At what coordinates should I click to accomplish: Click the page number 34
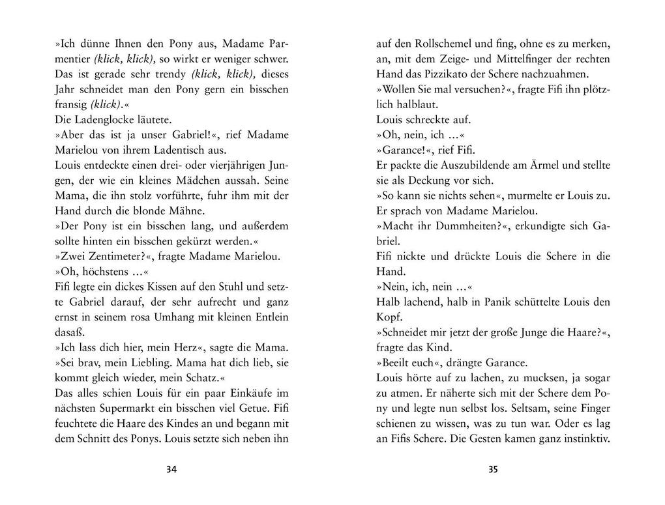[x=172, y=469]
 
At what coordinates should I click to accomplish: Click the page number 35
[x=493, y=469]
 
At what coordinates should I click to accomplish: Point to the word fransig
[x=70, y=104]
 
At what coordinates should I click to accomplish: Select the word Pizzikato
[x=472, y=74]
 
